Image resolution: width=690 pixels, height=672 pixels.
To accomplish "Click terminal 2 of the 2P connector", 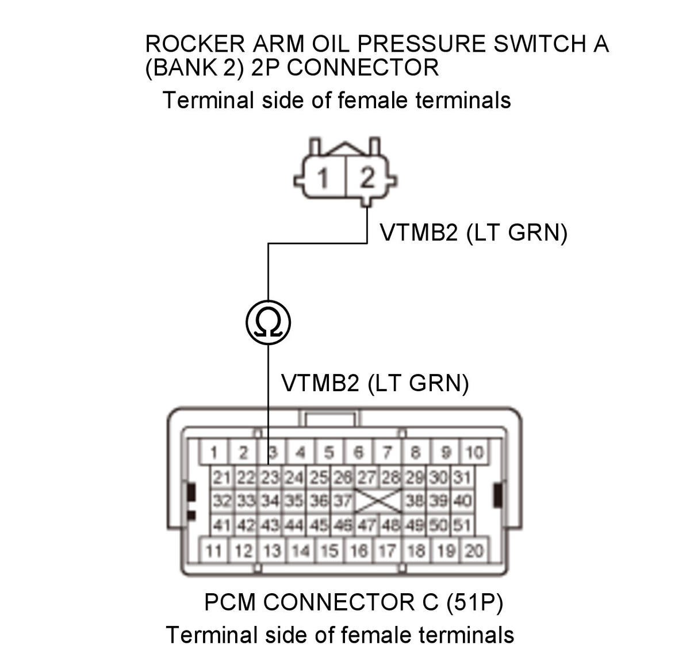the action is coord(367,177).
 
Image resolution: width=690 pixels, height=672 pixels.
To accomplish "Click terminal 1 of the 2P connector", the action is coord(323,177).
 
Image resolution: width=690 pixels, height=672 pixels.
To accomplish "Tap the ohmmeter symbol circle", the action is coord(268,322).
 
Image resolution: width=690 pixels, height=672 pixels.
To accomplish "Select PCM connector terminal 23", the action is coord(270,478).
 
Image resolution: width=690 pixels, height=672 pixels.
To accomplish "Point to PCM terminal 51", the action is coord(462,525).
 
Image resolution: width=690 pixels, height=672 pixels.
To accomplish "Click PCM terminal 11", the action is coord(213,551).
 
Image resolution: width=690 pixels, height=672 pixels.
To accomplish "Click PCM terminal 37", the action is coord(343,501).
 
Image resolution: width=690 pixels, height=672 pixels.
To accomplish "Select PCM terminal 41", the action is coord(222,525).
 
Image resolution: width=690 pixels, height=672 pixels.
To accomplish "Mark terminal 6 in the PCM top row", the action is coord(358,452).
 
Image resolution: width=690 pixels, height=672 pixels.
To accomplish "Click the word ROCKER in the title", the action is coord(195,44).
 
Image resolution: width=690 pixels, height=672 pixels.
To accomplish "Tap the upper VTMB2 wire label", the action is coord(474,233).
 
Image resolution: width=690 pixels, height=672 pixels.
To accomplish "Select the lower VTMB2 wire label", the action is coord(375,383).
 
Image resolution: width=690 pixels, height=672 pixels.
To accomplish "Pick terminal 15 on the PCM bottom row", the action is coord(329,551).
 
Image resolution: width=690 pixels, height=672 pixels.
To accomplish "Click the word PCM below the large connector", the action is coord(230,602).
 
